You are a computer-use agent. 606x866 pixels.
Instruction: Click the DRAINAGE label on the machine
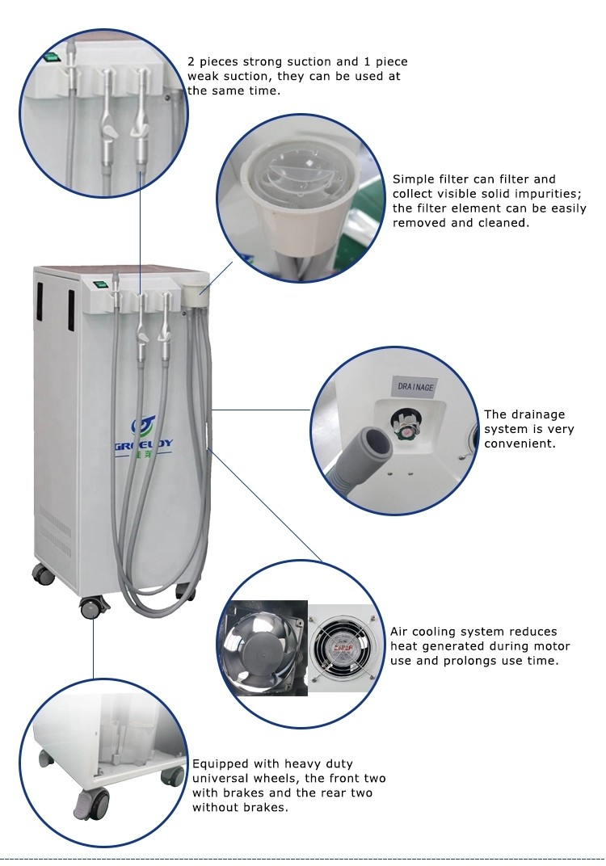[416, 386]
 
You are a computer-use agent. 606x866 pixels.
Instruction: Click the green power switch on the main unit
[101, 284]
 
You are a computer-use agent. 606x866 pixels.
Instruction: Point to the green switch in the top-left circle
[53, 57]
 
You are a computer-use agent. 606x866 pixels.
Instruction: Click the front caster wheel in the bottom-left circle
[91, 801]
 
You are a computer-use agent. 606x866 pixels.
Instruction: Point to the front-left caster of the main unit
[90, 606]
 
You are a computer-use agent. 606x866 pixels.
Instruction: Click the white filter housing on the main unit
[195, 292]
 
